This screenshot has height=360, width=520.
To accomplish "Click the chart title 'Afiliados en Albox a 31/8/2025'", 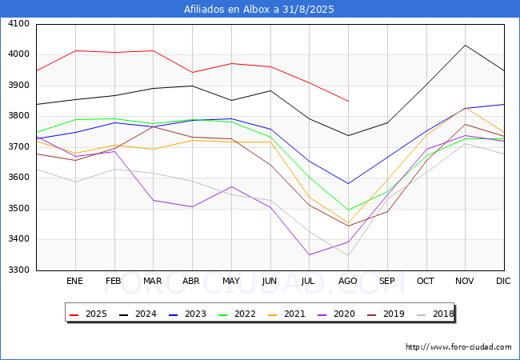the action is (x=258, y=10).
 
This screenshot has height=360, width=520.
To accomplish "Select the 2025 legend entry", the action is (x=88, y=314).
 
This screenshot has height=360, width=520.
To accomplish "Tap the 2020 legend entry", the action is (x=336, y=314).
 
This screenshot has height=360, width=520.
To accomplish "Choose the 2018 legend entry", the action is (x=435, y=314).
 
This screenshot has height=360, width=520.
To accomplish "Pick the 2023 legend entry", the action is (x=187, y=314).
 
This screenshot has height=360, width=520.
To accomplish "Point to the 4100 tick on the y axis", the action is (x=18, y=24).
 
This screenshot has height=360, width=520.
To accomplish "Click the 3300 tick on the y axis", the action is (x=18, y=270).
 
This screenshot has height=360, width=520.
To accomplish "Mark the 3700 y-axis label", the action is (x=18, y=147).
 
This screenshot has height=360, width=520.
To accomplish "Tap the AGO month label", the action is (x=347, y=281).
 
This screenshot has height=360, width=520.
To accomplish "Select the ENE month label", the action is (x=74, y=281).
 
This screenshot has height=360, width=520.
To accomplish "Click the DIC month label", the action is (x=503, y=281).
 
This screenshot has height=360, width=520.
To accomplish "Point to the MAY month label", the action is (x=231, y=281).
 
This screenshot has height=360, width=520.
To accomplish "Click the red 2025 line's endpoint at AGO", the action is (x=348, y=101).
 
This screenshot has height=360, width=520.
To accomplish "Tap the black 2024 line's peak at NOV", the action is (x=466, y=45).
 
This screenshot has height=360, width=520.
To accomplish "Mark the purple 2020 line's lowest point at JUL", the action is (x=309, y=254).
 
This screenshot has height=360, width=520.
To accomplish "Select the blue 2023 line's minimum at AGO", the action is (x=348, y=184).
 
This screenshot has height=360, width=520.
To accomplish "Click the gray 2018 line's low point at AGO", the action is (x=348, y=255).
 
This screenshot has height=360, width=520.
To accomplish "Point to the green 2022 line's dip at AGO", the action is (x=348, y=210).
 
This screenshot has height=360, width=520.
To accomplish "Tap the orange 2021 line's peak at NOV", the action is (x=466, y=108).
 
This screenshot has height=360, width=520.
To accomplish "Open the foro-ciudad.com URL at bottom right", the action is (x=458, y=347).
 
